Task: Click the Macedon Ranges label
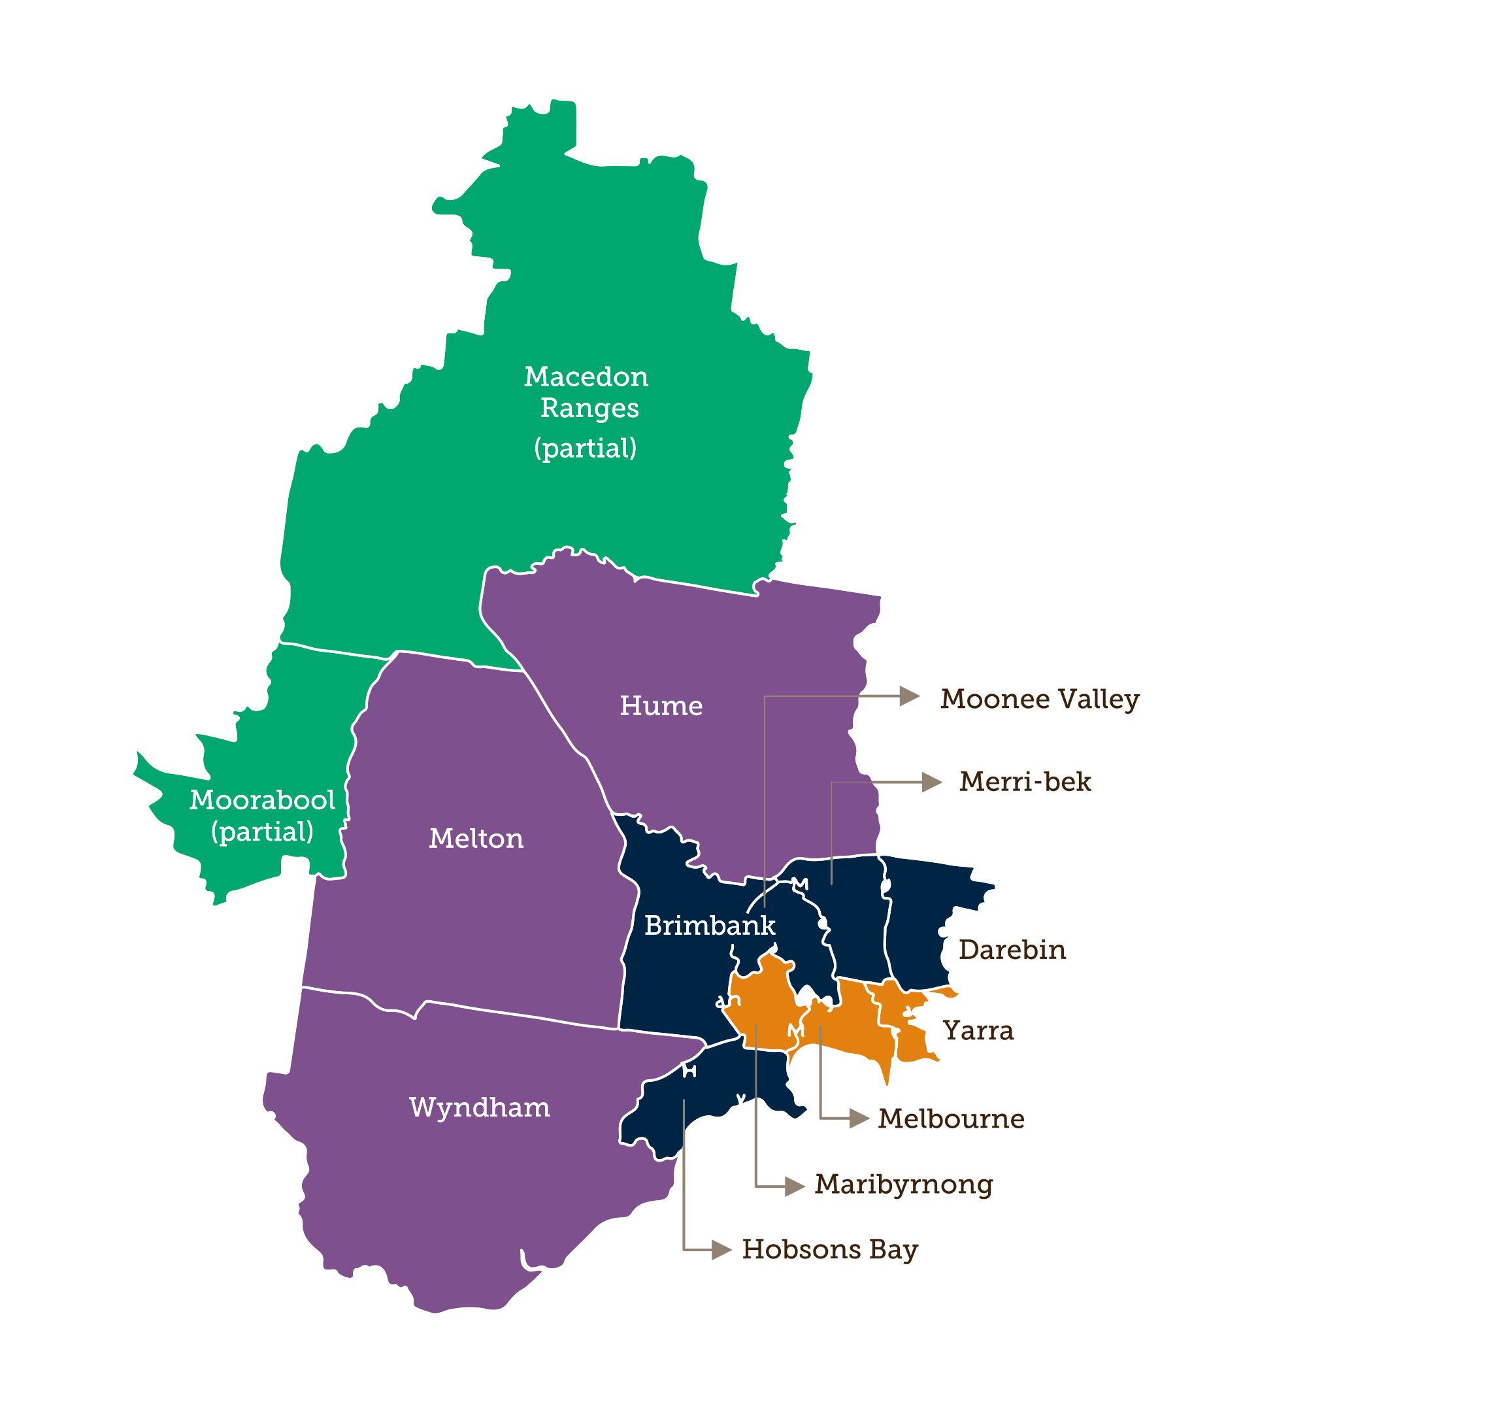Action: pos(587,392)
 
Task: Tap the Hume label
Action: pos(661,706)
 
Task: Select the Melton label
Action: pos(476,839)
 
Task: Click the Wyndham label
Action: pos(480,1107)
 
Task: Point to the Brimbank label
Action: pos(709,925)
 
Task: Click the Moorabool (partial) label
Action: pos(262,815)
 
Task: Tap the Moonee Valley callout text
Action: pos(1039,699)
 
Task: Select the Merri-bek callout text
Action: pos(1024,782)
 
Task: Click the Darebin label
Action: pos(1012,950)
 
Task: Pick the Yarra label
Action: pos(978,1030)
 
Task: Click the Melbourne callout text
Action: pos(950,1118)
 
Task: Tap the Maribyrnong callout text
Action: pos(903,1184)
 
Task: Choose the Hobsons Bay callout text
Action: pos(829,1249)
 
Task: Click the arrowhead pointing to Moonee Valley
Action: pos(909,696)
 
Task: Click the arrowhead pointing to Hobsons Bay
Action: pos(721,1250)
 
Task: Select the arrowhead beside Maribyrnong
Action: pos(794,1187)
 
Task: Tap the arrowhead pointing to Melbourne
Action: pos(859,1118)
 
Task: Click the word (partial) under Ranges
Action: pos(585,448)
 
